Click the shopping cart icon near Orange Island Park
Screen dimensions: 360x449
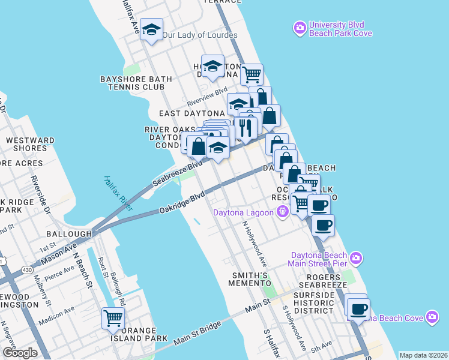tap(113, 318)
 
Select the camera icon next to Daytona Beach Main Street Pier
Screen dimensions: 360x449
tap(356, 258)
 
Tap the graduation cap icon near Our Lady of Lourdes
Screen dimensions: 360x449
tap(152, 30)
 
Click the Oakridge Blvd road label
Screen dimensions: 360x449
tap(182, 203)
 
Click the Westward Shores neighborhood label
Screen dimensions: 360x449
tap(30, 145)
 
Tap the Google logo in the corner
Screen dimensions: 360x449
tap(20, 353)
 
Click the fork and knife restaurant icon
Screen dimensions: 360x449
tap(245, 127)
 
